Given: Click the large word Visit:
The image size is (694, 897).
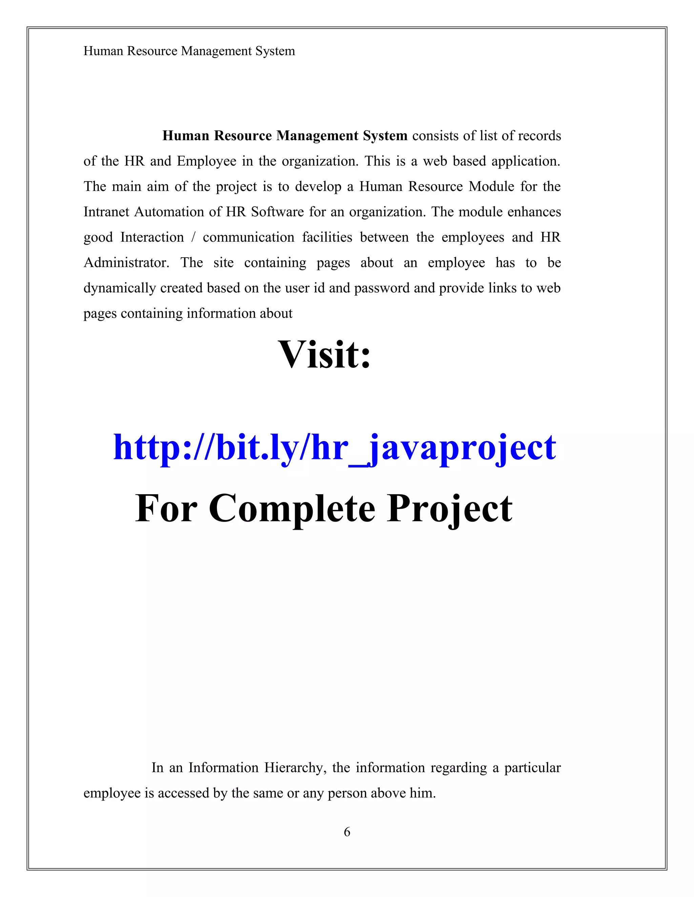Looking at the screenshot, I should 324,354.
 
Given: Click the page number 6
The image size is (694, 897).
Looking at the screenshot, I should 347,832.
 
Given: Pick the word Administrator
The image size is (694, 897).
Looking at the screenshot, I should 126,263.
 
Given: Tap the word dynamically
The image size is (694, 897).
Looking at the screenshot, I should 120,288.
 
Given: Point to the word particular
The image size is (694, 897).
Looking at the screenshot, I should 532,768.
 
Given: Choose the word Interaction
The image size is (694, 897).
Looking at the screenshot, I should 152,237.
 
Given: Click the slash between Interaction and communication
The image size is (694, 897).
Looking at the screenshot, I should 193,237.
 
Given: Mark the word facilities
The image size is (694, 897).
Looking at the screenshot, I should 327,237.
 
